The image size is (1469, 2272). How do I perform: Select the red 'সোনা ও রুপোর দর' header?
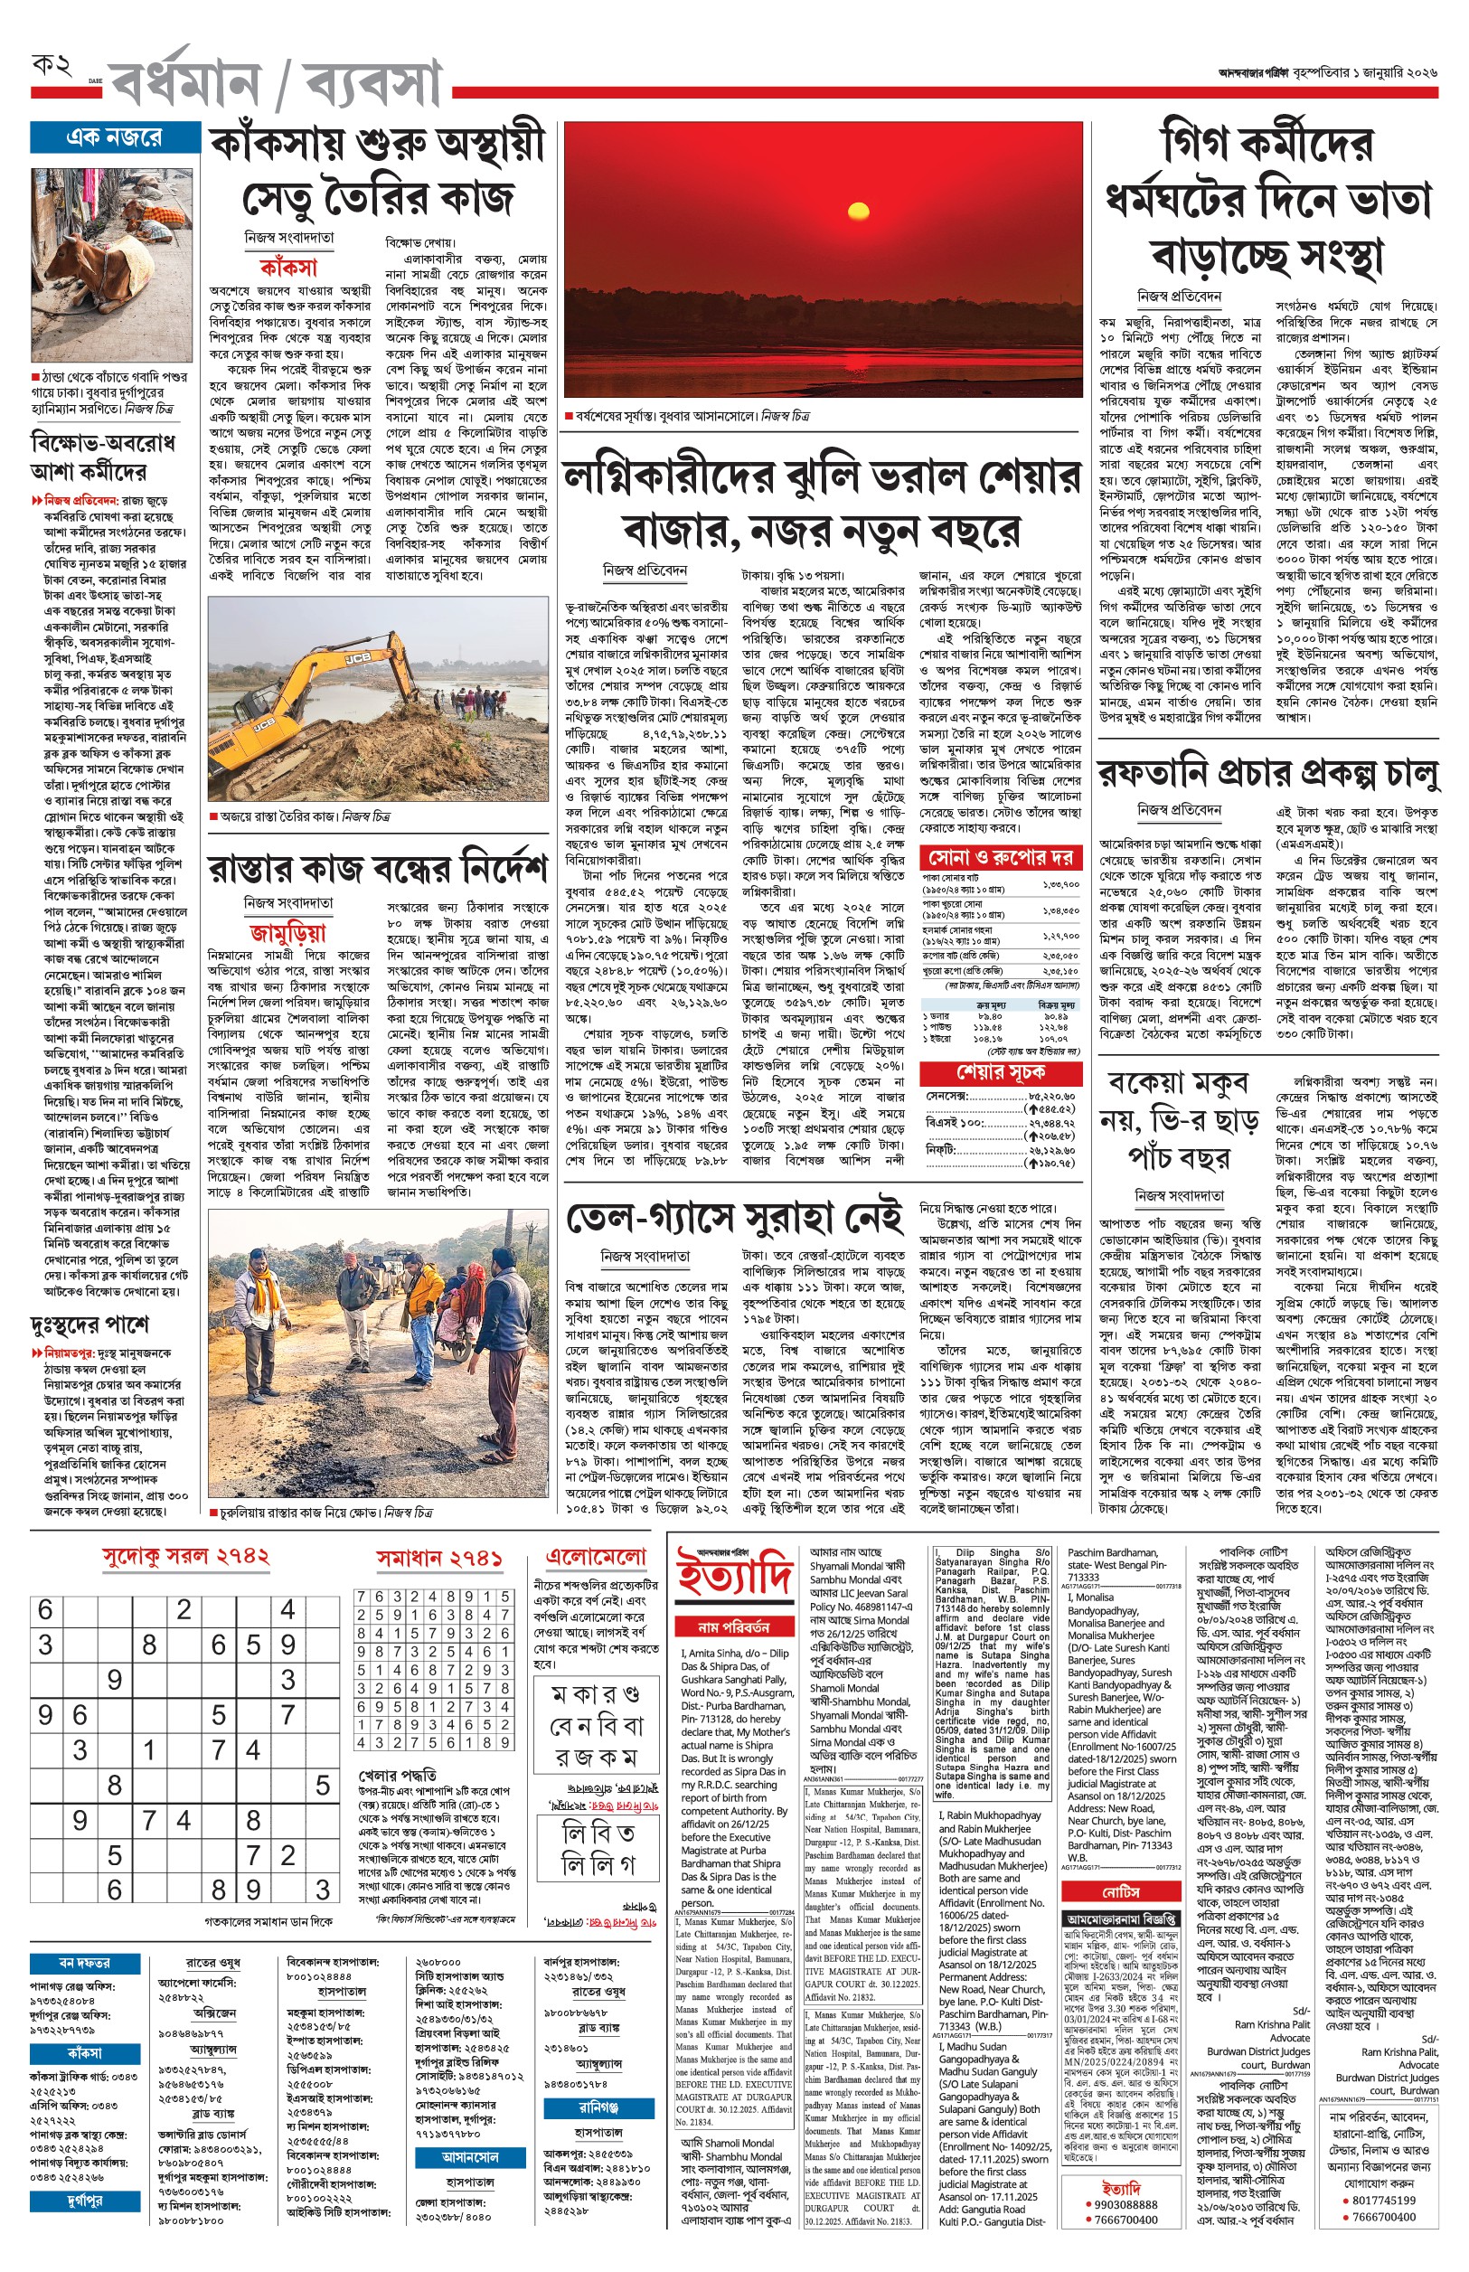[1001, 856]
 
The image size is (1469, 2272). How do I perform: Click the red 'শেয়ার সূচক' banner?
[1001, 1073]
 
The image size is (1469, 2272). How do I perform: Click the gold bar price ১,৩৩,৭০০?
[1060, 884]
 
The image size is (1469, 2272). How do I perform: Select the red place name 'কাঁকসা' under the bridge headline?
[288, 268]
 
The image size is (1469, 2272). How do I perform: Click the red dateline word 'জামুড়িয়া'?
[288, 932]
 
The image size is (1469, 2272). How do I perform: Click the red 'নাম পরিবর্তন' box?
[733, 1626]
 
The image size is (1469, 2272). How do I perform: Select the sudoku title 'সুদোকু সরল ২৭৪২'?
[186, 1557]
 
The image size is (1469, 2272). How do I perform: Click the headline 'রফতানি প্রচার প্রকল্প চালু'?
[1267, 774]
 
